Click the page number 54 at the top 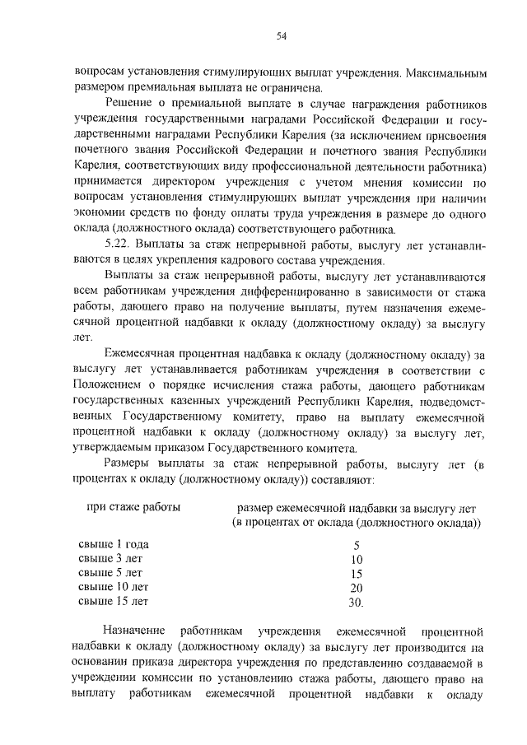281,35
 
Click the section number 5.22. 120,246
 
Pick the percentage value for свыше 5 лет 356,574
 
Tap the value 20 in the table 356,588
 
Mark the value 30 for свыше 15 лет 356,603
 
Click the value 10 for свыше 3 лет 356,559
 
